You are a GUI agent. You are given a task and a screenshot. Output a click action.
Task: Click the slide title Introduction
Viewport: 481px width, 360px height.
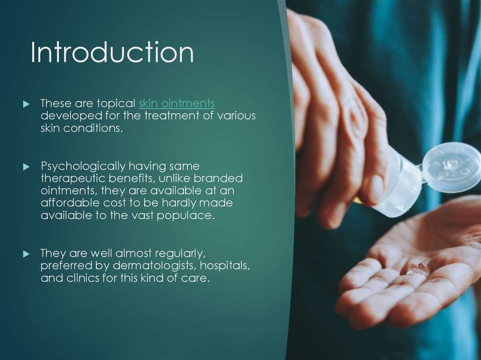coord(112,53)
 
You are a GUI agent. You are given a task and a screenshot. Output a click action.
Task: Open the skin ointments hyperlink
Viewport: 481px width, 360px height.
coord(177,103)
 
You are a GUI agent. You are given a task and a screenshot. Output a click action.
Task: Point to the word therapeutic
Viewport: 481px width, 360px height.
coord(73,179)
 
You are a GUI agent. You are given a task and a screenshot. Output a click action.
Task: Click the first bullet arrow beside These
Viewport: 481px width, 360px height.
coord(26,103)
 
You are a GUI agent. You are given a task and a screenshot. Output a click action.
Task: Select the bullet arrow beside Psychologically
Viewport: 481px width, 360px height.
coord(26,167)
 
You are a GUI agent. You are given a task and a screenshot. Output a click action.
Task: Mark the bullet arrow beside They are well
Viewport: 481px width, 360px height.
coord(26,254)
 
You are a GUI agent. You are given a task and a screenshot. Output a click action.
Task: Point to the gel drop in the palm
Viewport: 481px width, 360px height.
coord(418,268)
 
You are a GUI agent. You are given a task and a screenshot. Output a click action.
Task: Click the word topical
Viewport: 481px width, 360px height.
coord(116,103)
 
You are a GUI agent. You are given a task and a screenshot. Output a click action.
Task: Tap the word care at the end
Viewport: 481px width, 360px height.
coord(197,278)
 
